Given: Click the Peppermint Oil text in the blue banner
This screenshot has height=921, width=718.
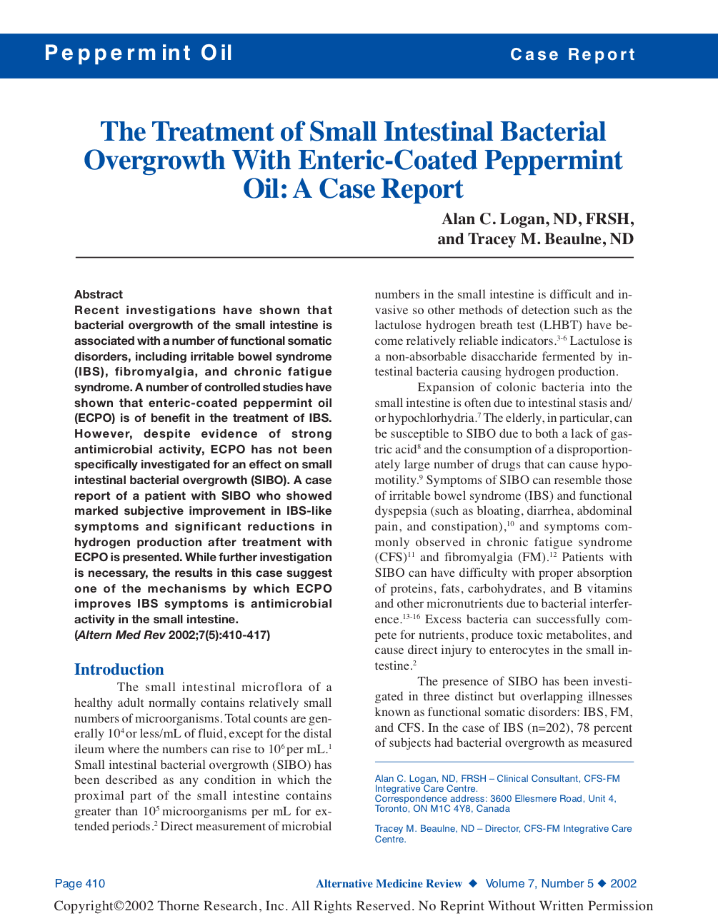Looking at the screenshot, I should (x=139, y=54).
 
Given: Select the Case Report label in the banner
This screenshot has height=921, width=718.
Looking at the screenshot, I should (x=572, y=55).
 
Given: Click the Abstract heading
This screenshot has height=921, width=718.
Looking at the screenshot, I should (x=99, y=295).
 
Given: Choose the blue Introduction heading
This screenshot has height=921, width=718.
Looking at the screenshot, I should (x=119, y=670).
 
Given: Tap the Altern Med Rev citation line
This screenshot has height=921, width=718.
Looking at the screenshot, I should (x=172, y=635).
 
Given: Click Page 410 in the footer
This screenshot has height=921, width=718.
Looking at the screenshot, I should (x=80, y=884).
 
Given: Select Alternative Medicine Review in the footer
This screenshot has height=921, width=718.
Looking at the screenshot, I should (x=389, y=884).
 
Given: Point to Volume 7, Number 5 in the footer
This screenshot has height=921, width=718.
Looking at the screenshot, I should (x=539, y=884).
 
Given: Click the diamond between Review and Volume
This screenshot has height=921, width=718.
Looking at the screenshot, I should (x=473, y=884).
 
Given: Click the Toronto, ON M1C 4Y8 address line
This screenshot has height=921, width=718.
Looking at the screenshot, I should (x=442, y=809).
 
